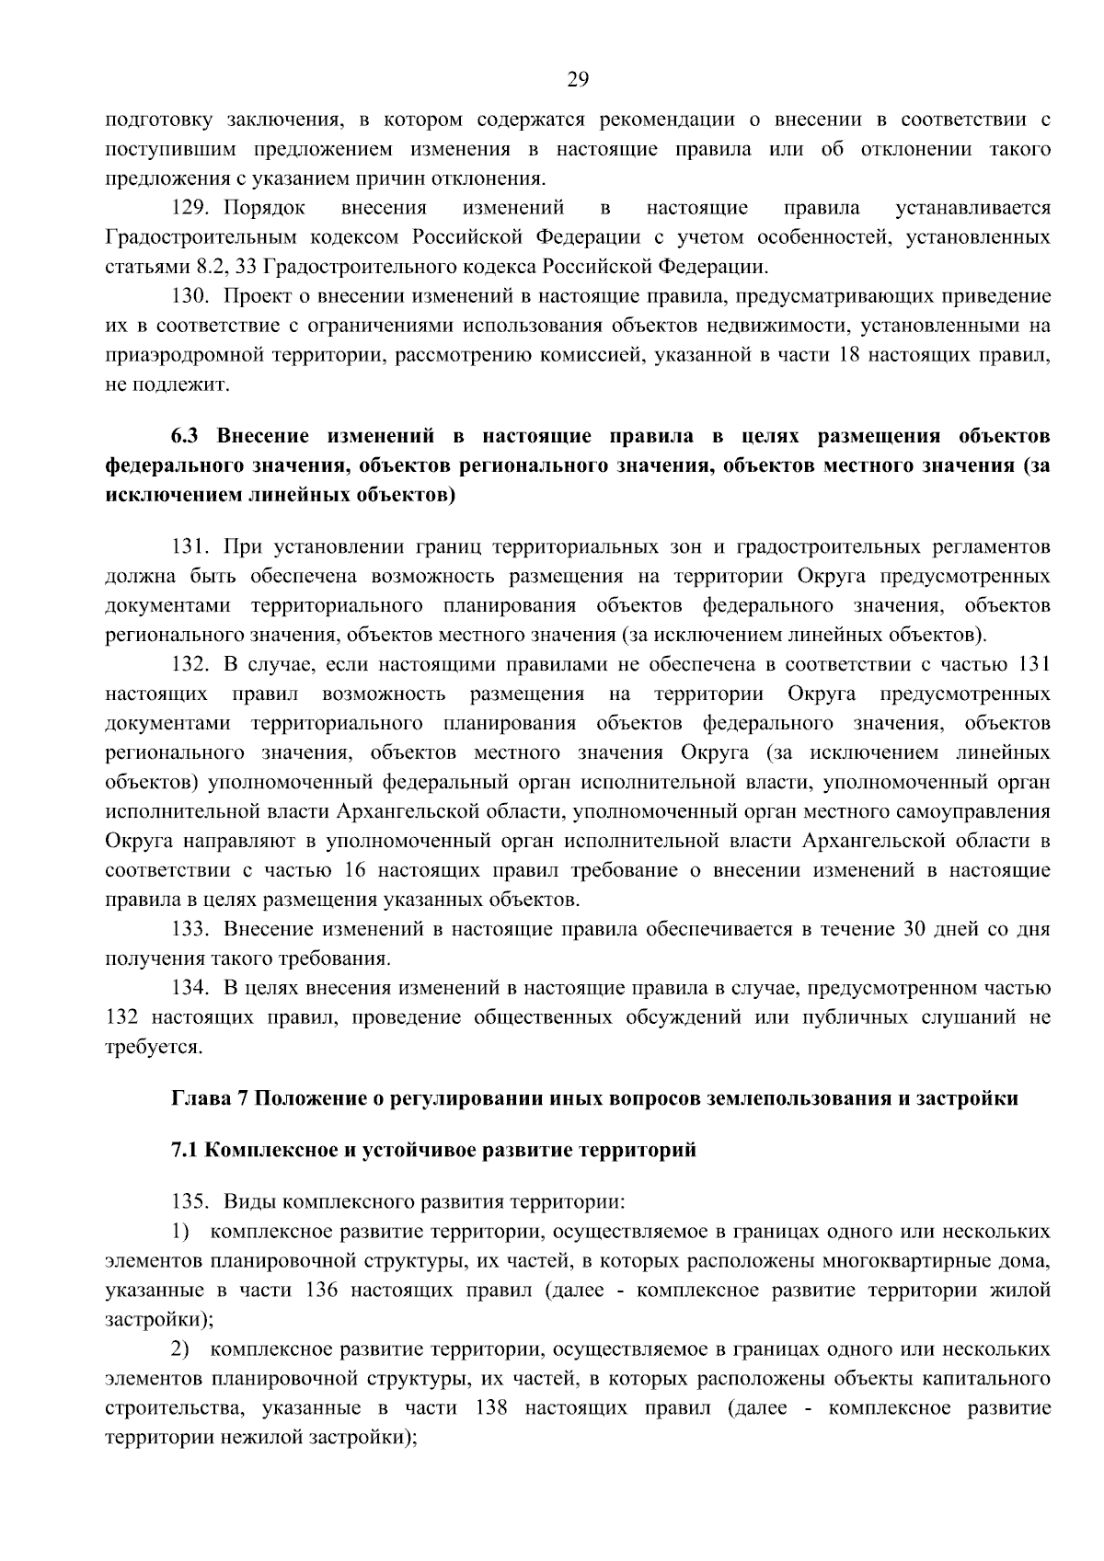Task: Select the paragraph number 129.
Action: coord(190,208)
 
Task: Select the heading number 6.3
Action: coord(186,435)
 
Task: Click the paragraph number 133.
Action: coord(190,929)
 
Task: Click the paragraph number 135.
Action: coord(190,1201)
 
